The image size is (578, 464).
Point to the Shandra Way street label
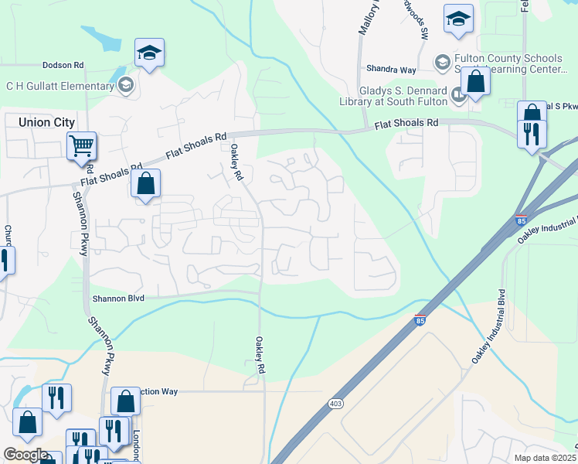click(392, 70)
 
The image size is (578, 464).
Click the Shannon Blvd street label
click(118, 297)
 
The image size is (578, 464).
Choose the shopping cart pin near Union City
click(81, 145)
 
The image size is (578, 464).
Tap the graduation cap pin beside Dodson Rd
click(149, 53)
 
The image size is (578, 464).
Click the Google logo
click(25, 454)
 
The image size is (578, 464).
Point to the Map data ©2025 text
click(545, 458)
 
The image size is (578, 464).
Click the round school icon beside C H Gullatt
click(125, 85)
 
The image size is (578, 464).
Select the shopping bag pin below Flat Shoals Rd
click(144, 184)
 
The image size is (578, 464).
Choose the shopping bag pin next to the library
click(475, 80)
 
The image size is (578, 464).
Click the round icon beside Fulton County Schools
click(442, 60)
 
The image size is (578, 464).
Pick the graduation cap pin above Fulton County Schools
click(458, 19)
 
